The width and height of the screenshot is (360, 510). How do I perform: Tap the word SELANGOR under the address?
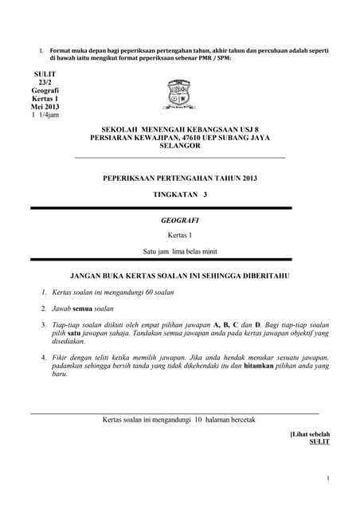click(x=179, y=146)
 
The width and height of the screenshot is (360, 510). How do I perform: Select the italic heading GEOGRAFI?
click(x=179, y=219)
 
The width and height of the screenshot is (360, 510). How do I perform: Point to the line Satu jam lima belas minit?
click(x=179, y=251)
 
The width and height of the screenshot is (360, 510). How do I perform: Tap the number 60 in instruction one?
click(x=153, y=292)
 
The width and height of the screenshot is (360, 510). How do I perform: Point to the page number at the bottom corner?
click(x=327, y=478)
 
